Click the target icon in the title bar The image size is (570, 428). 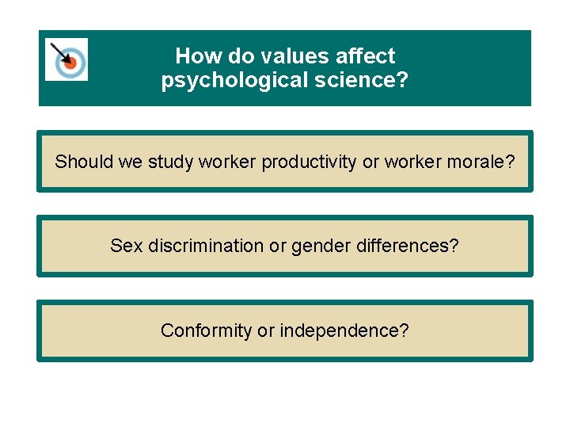tap(66, 59)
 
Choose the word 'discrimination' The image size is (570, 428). tap(206, 246)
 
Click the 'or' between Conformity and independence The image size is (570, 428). tap(265, 331)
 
